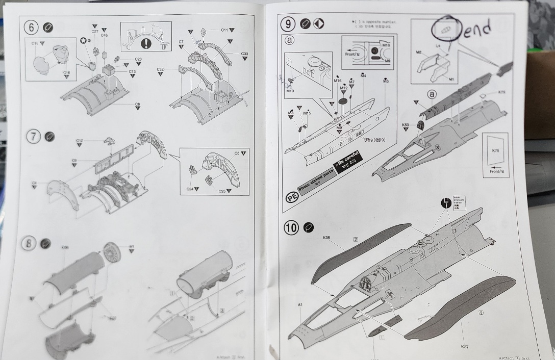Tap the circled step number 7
coord(34,136)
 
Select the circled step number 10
coord(291,228)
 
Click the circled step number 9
coord(289,23)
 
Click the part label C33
coord(244,54)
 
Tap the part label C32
coord(160,69)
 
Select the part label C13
coord(132,72)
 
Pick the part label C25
coord(221,191)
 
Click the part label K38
coord(326,238)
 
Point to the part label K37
coord(464,347)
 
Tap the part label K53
coord(406,125)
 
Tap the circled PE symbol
coord(291,198)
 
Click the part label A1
coord(300,305)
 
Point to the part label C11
coord(224,30)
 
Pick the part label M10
coord(290,92)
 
